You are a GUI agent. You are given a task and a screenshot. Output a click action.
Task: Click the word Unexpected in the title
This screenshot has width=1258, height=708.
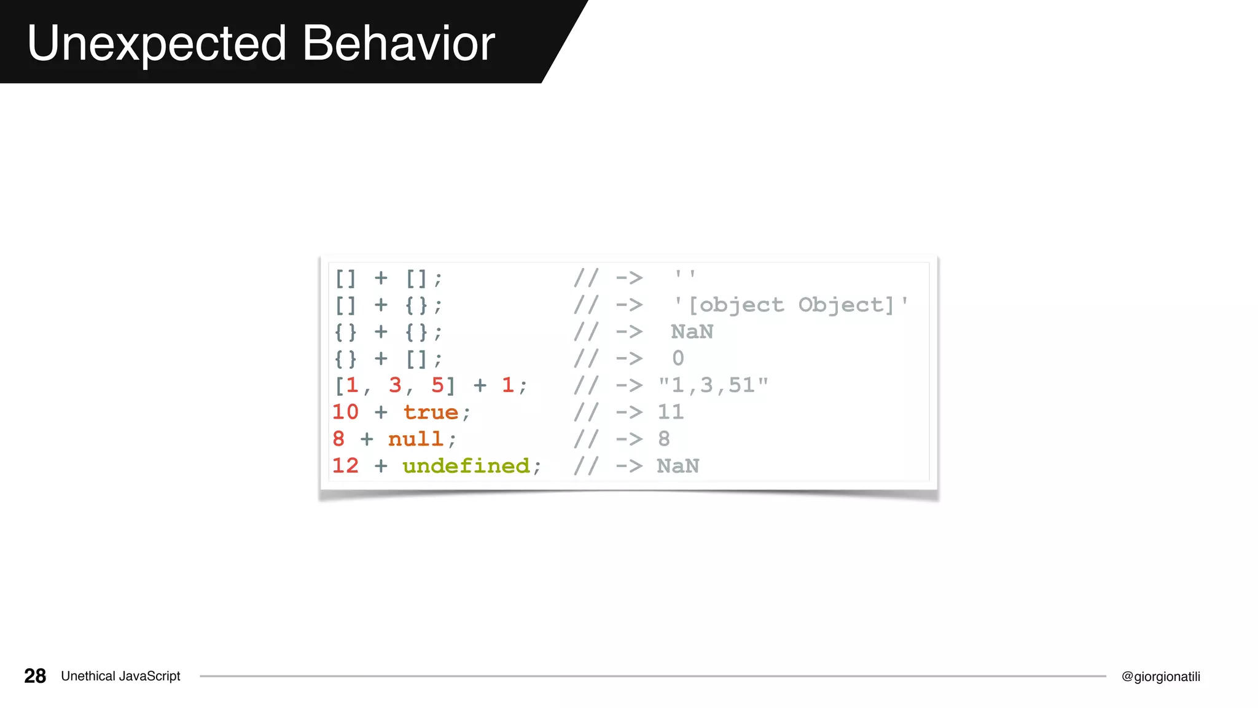click(157, 44)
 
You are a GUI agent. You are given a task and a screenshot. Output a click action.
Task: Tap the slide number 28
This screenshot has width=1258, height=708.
click(35, 676)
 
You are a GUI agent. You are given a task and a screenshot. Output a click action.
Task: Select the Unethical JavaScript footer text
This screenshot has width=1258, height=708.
click(120, 676)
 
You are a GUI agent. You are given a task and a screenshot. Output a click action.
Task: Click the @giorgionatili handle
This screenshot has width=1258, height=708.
click(1160, 677)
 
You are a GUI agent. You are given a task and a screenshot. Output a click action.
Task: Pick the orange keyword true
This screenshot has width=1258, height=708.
click(431, 412)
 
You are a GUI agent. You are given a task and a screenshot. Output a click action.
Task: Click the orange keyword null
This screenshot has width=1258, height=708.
click(416, 439)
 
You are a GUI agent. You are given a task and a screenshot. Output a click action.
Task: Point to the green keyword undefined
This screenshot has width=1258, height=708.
click(466, 466)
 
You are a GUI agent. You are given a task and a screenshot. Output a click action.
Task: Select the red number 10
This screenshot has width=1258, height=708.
click(345, 412)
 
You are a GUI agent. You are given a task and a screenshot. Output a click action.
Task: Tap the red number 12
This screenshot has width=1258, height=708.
click(345, 466)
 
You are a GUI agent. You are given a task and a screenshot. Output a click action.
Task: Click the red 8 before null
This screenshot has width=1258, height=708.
click(338, 439)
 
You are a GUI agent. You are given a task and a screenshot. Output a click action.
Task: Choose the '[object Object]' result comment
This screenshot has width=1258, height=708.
click(790, 305)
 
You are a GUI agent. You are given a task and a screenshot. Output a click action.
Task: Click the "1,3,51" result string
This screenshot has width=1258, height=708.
click(713, 386)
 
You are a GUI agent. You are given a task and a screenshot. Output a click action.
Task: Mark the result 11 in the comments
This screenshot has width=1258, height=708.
click(670, 412)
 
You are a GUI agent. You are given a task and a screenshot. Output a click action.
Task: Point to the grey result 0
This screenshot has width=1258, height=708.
click(678, 358)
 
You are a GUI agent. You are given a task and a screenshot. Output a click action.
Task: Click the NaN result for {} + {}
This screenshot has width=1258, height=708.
click(692, 332)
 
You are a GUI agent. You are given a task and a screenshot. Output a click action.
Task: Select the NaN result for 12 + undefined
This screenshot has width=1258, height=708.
click(678, 466)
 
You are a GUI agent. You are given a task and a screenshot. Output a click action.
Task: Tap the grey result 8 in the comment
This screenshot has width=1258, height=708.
click(663, 439)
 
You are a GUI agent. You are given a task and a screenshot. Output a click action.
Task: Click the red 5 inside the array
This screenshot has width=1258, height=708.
click(437, 386)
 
